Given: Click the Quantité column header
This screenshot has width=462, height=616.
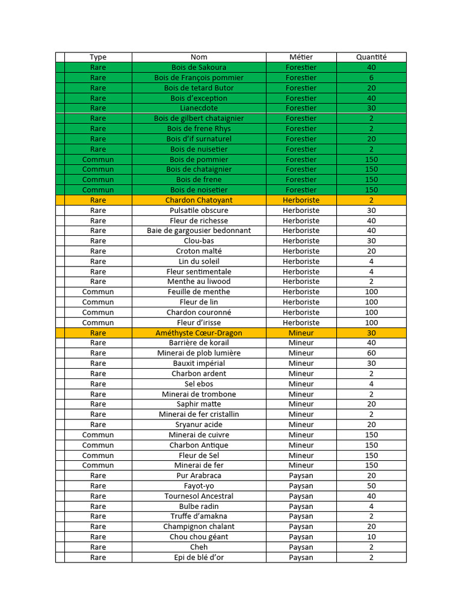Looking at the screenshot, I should click(371, 57).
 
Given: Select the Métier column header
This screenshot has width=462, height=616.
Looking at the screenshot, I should click(301, 57).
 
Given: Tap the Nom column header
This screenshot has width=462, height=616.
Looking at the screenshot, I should click(199, 57).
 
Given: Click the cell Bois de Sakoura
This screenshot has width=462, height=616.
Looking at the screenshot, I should click(199, 67).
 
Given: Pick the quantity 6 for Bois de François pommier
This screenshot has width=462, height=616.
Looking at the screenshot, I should click(371, 78).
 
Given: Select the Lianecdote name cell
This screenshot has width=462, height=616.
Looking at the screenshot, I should click(199, 108).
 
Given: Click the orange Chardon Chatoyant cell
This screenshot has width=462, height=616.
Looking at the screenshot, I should click(199, 200).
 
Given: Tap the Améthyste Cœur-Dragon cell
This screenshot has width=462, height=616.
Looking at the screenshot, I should click(199, 333).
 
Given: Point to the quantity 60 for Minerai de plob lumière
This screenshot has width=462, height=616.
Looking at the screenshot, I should click(371, 353).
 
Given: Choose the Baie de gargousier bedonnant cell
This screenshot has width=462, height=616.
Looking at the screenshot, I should click(199, 230).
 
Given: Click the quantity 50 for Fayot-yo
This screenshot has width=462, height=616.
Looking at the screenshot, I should click(371, 485).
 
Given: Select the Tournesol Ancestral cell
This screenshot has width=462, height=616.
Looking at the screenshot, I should click(199, 496).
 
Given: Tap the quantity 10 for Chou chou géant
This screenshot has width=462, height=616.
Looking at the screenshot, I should click(371, 537).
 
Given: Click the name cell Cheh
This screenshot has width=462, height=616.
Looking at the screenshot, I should click(199, 547).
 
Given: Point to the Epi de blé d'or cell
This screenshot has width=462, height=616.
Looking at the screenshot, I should click(199, 557).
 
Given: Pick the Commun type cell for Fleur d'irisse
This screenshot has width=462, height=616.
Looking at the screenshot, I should click(97, 322).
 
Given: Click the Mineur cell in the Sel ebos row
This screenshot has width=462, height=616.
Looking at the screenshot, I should click(301, 384).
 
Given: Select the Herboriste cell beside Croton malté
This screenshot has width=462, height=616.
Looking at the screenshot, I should click(301, 251).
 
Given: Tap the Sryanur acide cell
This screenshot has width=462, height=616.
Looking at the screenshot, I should click(199, 424).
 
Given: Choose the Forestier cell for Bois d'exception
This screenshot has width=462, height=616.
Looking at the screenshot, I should click(301, 98).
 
